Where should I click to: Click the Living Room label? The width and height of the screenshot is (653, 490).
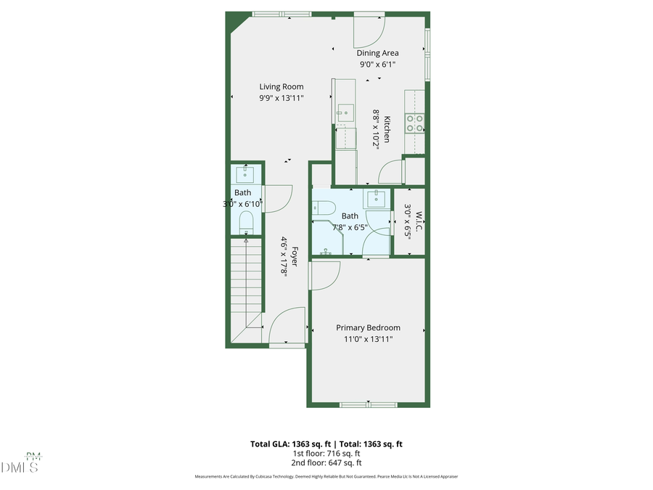point(282,87)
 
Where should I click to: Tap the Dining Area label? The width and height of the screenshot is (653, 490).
point(377,53)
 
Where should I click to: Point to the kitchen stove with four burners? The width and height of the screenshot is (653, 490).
point(415,123)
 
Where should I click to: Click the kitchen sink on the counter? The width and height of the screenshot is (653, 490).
point(345,114)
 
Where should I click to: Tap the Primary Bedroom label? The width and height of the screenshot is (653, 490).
point(368,327)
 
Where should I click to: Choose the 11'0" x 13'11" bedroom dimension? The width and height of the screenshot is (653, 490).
point(368,339)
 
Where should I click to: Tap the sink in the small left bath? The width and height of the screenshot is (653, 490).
point(245,174)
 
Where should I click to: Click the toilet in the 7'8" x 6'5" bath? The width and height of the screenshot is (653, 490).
point(321,207)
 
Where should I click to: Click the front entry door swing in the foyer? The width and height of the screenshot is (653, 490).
point(287,326)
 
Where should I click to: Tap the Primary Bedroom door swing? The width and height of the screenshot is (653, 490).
point(324,275)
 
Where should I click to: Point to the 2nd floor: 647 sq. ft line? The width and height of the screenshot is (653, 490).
point(326,462)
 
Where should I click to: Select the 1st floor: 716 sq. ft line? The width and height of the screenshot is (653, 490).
point(326,453)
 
